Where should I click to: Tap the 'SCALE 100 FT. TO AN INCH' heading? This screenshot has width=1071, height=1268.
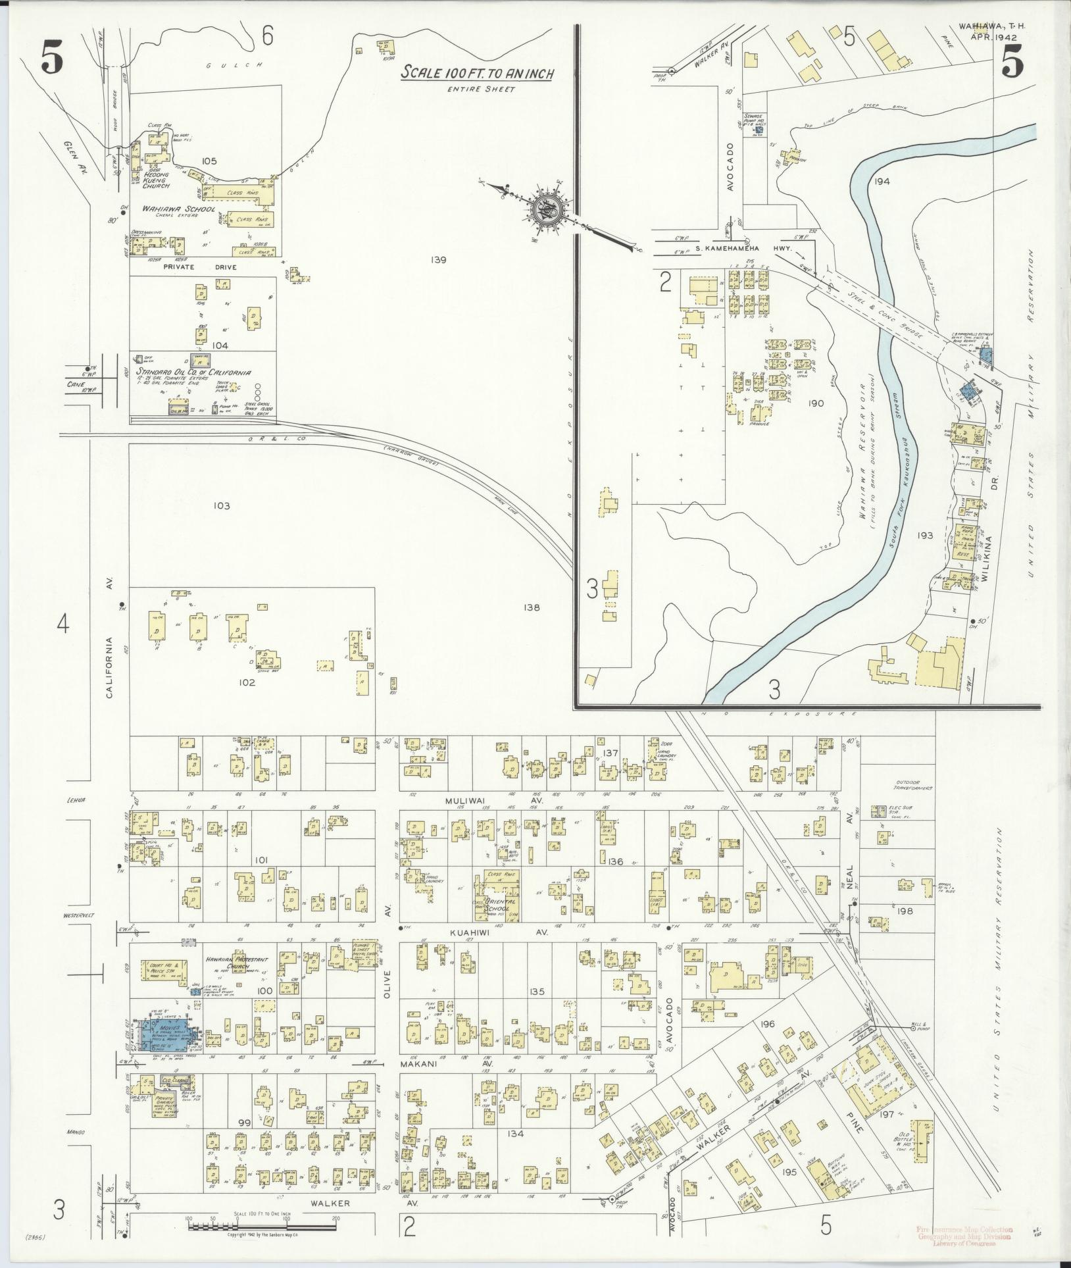(478, 72)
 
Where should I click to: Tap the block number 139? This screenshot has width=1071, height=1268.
(439, 260)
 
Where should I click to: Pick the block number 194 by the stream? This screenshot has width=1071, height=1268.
(882, 181)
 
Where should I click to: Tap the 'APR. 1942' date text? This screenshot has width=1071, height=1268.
(993, 37)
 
